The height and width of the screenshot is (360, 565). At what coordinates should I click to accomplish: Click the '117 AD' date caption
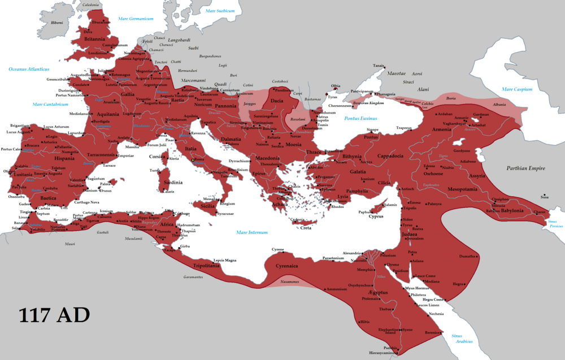point(54,315)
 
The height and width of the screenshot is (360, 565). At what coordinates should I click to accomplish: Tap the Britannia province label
point(95,39)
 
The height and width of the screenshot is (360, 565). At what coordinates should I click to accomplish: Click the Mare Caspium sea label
point(516,89)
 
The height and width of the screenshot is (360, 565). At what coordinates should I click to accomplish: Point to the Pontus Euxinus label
point(360,118)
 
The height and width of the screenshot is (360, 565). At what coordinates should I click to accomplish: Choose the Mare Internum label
point(252,232)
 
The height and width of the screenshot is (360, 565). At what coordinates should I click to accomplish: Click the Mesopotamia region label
point(465,189)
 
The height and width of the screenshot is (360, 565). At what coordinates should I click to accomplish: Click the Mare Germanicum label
point(136,19)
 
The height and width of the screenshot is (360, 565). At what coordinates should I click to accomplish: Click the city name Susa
point(544,197)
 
